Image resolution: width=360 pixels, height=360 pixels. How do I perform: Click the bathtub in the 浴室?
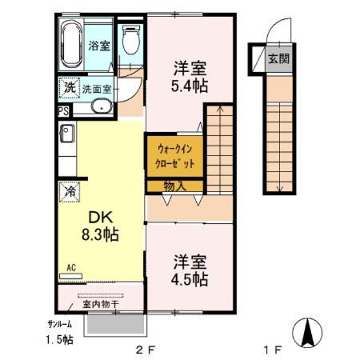(x=71, y=45)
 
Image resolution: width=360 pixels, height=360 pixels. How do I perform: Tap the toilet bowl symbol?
(x=131, y=40)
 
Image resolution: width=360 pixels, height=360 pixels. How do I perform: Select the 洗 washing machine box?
(x=70, y=87)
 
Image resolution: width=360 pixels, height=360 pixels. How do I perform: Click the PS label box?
(x=63, y=111)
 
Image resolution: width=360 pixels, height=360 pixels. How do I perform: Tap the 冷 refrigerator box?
(x=70, y=192)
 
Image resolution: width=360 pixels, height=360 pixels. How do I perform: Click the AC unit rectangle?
(x=70, y=276)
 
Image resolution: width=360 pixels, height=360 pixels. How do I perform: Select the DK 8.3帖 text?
(x=100, y=226)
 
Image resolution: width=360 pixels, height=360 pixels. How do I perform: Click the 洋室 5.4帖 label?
(x=190, y=77)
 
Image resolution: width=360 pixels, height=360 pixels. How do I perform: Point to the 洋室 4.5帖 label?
(x=190, y=270)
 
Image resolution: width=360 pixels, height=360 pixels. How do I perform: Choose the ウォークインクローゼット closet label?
(x=175, y=156)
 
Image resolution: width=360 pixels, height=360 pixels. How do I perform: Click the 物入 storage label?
(x=174, y=186)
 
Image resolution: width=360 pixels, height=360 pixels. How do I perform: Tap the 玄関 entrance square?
(x=279, y=58)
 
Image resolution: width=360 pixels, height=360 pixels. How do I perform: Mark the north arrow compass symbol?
(x=307, y=333)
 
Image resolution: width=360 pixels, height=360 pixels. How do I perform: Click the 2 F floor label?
(x=146, y=350)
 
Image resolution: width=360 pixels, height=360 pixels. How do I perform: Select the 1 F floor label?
(x=273, y=350)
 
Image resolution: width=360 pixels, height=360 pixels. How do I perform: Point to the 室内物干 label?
(x=101, y=304)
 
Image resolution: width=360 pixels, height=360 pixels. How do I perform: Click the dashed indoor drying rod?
(x=101, y=295)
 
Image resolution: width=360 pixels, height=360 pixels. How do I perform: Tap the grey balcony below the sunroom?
(x=115, y=324)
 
